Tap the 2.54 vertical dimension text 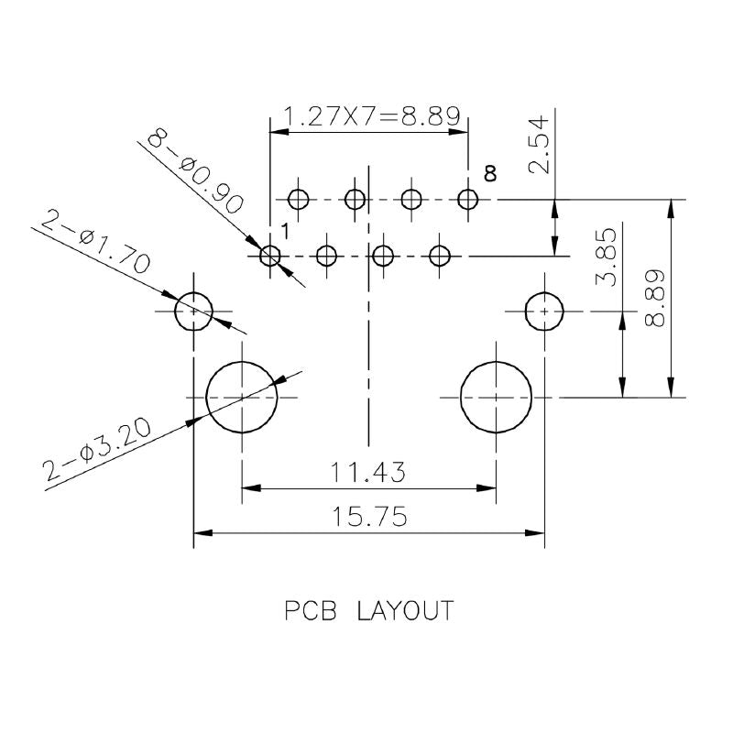(541, 145)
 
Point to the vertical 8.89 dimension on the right (656, 298)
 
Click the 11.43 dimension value (369, 473)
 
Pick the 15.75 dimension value (369, 518)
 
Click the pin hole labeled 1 (269, 256)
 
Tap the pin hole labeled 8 (468, 199)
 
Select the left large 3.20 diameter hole (242, 397)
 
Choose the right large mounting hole (496, 397)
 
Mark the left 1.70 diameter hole (194, 312)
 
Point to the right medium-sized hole (544, 312)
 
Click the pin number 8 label (490, 173)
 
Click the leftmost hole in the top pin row (298, 199)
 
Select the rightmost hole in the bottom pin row (441, 256)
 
